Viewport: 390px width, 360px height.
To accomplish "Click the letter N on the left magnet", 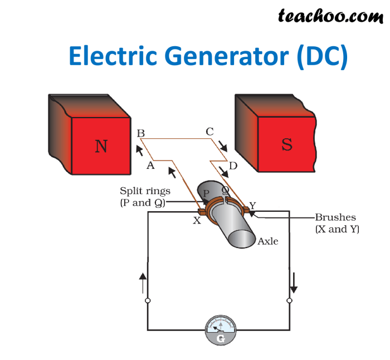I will tap(101, 146).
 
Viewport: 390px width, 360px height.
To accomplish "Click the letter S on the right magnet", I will tap(287, 144).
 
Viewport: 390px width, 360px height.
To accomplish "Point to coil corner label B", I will tap(140, 133).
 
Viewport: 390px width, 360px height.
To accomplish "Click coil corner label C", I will tap(209, 132).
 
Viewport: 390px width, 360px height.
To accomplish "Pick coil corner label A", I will tap(150, 165).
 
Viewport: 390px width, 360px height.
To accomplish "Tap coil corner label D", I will tap(233, 166).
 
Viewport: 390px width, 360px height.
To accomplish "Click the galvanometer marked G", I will tap(221, 330).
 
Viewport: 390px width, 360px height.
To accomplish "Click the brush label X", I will tap(197, 221).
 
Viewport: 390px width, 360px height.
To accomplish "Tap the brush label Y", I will tap(252, 206).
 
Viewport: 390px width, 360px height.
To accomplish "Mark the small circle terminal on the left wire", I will tap(147, 301).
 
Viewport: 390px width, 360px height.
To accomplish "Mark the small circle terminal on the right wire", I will tap(289, 301).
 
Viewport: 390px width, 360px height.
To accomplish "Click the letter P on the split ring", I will tap(206, 193).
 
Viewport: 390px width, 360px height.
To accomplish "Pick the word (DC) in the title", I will tap(321, 57).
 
